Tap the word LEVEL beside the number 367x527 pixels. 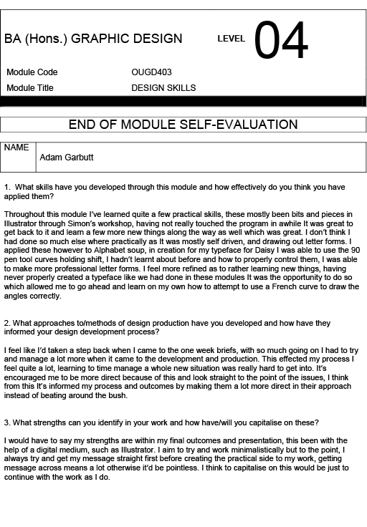click(232, 39)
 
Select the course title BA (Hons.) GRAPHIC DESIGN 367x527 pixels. click(93, 39)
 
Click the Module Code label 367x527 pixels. click(32, 72)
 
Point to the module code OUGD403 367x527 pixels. click(151, 72)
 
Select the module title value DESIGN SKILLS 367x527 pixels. click(163, 88)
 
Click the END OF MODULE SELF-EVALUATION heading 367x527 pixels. click(183, 125)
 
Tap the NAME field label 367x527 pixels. click(16, 148)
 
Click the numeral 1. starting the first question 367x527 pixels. click(6, 187)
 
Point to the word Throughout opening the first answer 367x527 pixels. click(26, 214)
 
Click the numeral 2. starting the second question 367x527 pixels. click(6, 321)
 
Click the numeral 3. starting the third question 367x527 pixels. click(6, 422)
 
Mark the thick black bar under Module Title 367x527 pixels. click(183, 101)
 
